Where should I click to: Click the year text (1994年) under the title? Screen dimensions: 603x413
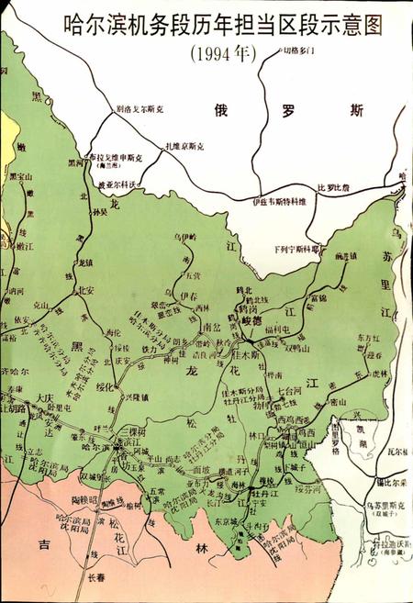pos(220,53)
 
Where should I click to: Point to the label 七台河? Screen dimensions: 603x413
pos(290,392)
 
